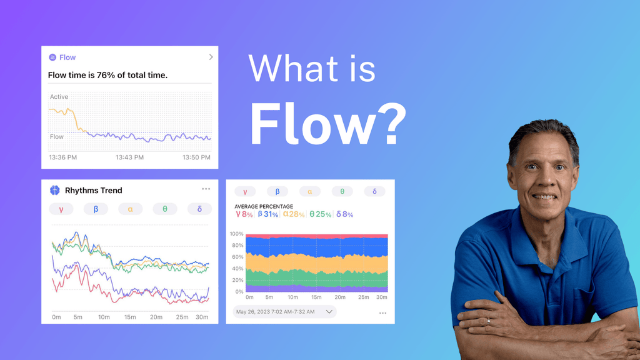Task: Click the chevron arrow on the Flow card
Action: (x=211, y=57)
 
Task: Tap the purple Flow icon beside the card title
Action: (x=52, y=57)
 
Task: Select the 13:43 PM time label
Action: (x=129, y=157)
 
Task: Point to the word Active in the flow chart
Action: (x=59, y=97)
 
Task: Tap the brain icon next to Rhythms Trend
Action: (x=55, y=190)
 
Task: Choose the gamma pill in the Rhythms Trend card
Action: (x=61, y=209)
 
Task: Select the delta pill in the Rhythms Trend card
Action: (x=199, y=209)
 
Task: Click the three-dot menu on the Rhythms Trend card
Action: (x=206, y=189)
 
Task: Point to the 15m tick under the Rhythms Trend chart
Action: (x=130, y=317)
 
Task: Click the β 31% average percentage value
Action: (x=267, y=214)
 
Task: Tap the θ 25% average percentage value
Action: (x=320, y=214)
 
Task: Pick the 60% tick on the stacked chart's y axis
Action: (x=237, y=257)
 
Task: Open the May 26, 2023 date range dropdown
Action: (x=284, y=312)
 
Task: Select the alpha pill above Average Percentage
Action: (x=310, y=191)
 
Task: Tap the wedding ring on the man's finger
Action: (x=488, y=321)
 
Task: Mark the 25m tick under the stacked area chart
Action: (x=363, y=297)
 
